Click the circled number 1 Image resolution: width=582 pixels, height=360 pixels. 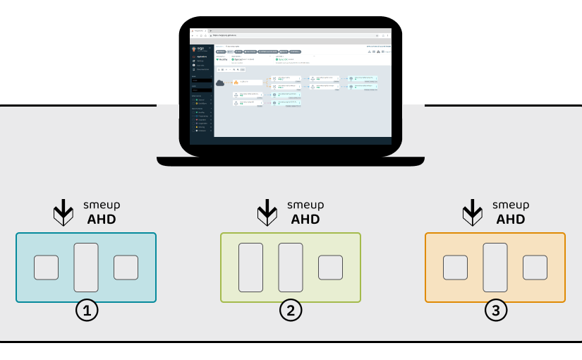(x=87, y=311)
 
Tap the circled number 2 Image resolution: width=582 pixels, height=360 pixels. (x=291, y=311)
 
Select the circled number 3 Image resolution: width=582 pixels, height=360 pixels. (x=495, y=311)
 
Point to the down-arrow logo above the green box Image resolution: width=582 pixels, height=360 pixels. (x=267, y=211)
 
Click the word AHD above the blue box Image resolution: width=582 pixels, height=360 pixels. (x=102, y=219)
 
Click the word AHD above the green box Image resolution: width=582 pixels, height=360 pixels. (x=306, y=219)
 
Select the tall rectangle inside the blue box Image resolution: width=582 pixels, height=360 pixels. (x=86, y=268)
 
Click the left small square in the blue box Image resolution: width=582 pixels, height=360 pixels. (x=47, y=268)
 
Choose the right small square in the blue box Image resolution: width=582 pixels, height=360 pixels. (x=126, y=268)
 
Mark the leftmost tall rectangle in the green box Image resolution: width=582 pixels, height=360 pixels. (x=250, y=268)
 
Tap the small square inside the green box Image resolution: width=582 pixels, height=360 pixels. (x=330, y=268)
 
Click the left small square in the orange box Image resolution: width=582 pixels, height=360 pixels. (x=455, y=268)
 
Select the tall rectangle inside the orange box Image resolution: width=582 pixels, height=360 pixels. (x=495, y=268)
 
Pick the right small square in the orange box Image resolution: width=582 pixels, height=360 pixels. (x=535, y=268)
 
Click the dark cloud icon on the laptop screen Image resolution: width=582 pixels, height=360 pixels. (x=220, y=83)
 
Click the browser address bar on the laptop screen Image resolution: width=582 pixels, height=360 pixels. (x=282, y=35)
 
